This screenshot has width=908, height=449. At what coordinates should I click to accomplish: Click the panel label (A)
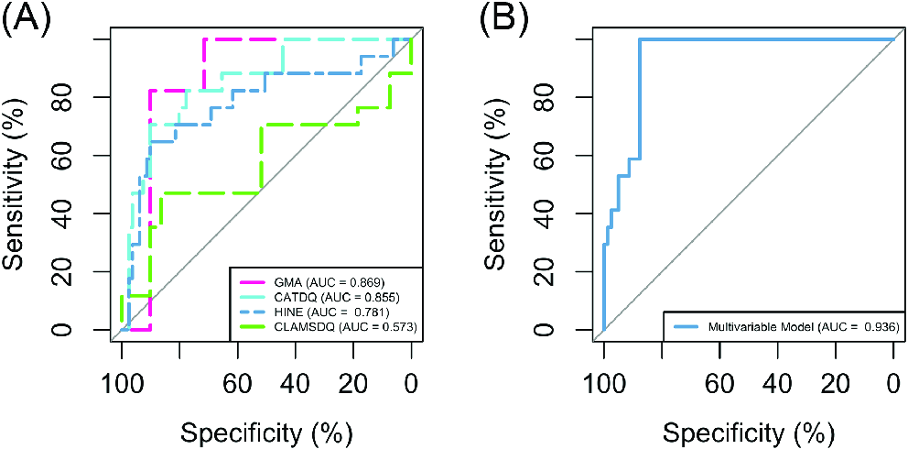tap(30, 17)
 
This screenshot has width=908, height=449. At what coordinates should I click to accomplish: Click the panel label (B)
tap(511, 17)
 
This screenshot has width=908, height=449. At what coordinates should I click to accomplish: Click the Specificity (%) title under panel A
tap(266, 430)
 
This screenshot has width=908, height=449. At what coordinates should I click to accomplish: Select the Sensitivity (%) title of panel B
tap(498, 185)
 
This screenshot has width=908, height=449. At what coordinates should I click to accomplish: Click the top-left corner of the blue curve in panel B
tap(640, 39)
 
